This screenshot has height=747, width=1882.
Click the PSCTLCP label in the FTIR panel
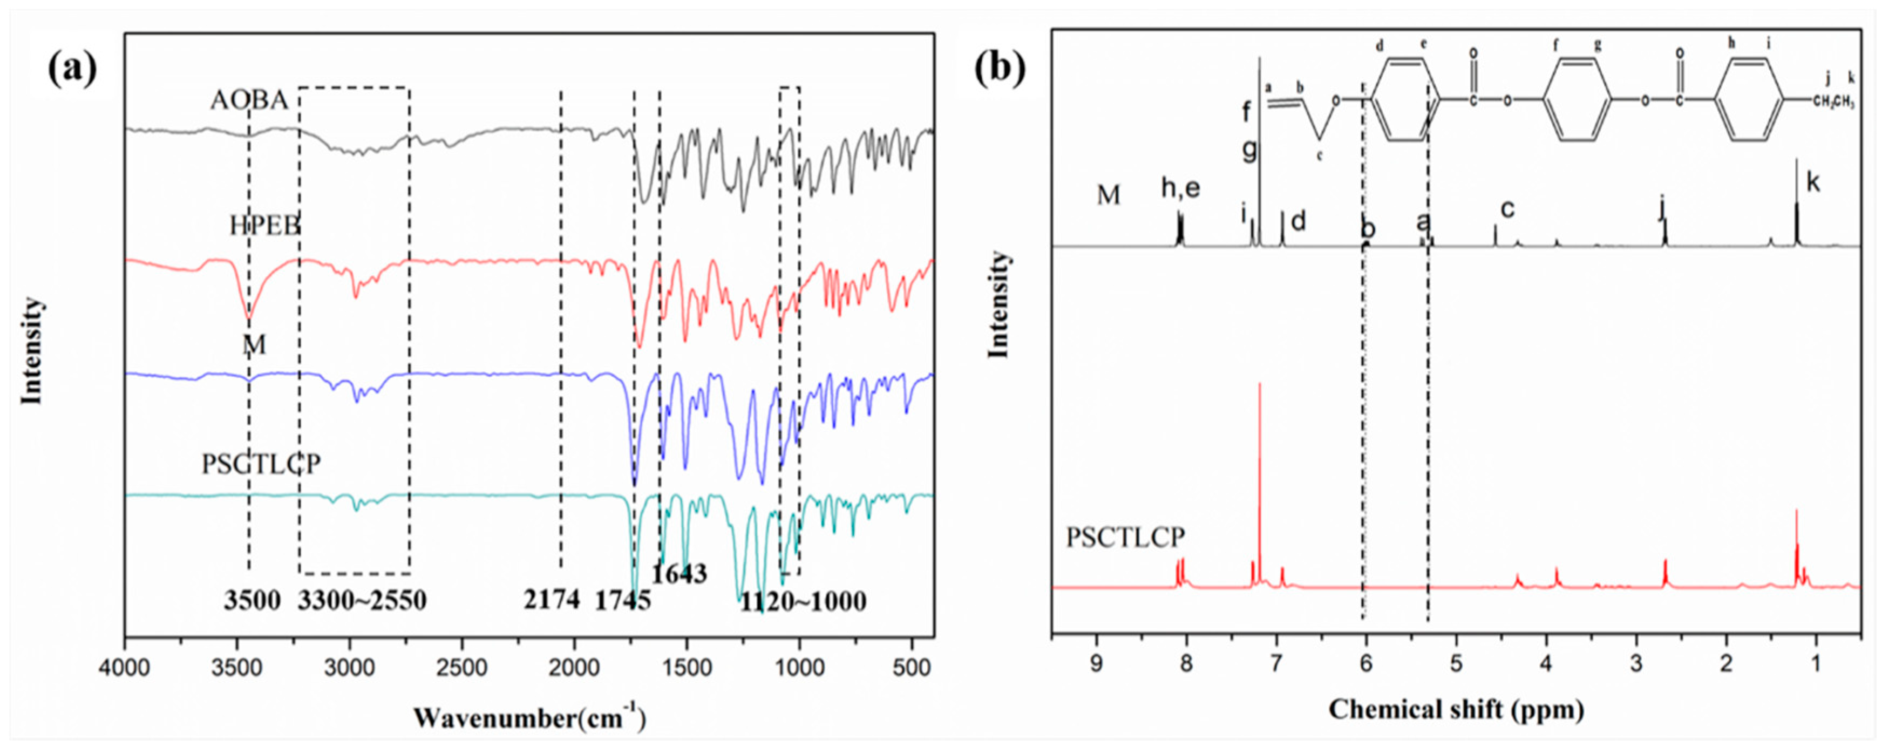pos(261,464)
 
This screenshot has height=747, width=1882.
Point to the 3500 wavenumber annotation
pos(252,601)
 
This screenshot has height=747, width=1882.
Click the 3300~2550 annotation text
pos(362,601)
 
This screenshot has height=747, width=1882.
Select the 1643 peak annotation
pos(679,574)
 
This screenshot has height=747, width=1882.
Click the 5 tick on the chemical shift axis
pos(1457,665)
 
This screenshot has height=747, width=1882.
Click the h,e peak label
pos(1180,188)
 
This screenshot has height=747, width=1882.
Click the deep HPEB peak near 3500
pos(249,317)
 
